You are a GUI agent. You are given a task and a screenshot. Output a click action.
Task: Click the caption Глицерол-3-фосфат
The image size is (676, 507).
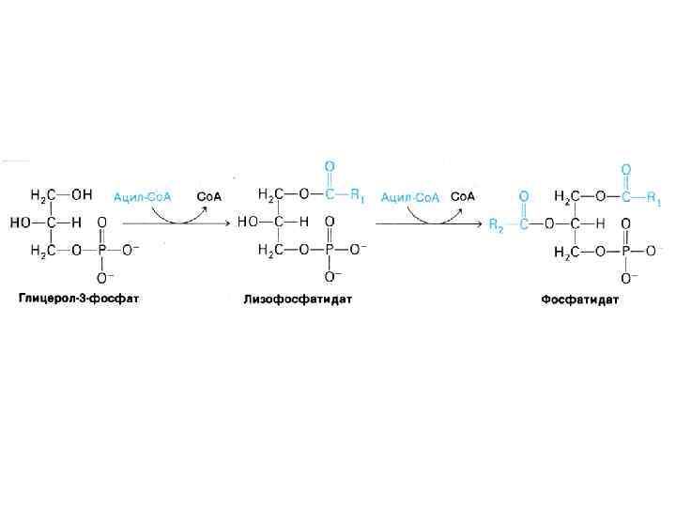coord(78,300)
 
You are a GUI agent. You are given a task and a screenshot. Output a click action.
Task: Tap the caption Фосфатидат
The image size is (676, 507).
coord(579,300)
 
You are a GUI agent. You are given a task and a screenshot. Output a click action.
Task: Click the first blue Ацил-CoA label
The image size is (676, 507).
coord(143,196)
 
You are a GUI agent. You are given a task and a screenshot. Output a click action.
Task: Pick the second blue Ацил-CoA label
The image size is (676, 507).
coord(410,196)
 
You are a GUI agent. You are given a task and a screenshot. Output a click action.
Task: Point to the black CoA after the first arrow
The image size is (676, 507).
coord(207,196)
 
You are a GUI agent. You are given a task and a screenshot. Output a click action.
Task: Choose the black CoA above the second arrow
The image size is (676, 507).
coord(462,196)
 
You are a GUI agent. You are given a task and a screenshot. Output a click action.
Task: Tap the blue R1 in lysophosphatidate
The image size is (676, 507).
coord(357,196)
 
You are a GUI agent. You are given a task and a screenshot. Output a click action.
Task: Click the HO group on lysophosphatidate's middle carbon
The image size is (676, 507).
coord(247,223)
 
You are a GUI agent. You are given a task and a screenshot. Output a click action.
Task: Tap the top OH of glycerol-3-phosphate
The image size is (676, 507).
coord(81,195)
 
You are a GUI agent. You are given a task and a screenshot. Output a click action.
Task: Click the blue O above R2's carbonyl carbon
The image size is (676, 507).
coord(523,196)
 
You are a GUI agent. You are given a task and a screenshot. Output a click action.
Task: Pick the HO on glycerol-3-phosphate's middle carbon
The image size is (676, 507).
coord(20,223)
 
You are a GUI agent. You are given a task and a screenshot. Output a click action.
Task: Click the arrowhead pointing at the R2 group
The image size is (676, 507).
coord(482,223)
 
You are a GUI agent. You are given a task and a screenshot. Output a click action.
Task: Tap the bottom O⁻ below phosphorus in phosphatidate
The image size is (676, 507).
coord(627,277)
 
